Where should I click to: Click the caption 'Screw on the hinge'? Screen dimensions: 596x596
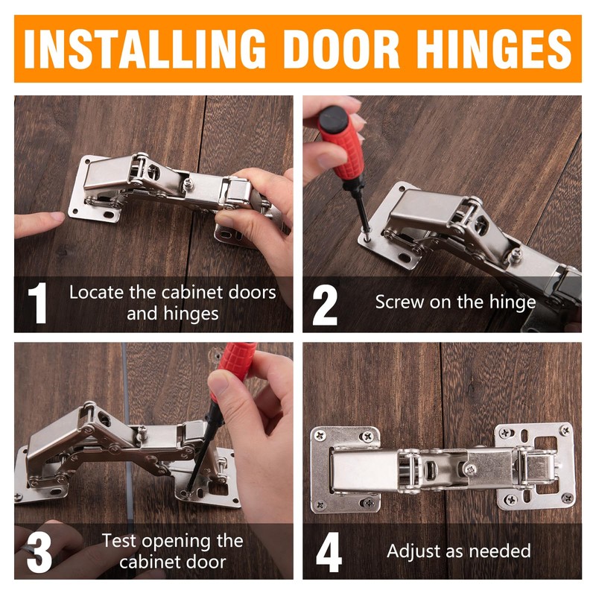[x=455, y=302]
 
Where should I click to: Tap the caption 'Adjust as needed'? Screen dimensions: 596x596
[x=458, y=551]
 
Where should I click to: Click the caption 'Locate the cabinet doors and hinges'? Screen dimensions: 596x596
[x=172, y=302]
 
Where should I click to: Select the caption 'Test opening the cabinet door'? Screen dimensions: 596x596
[x=172, y=551]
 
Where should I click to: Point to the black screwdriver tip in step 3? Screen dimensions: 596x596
[x=186, y=487]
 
